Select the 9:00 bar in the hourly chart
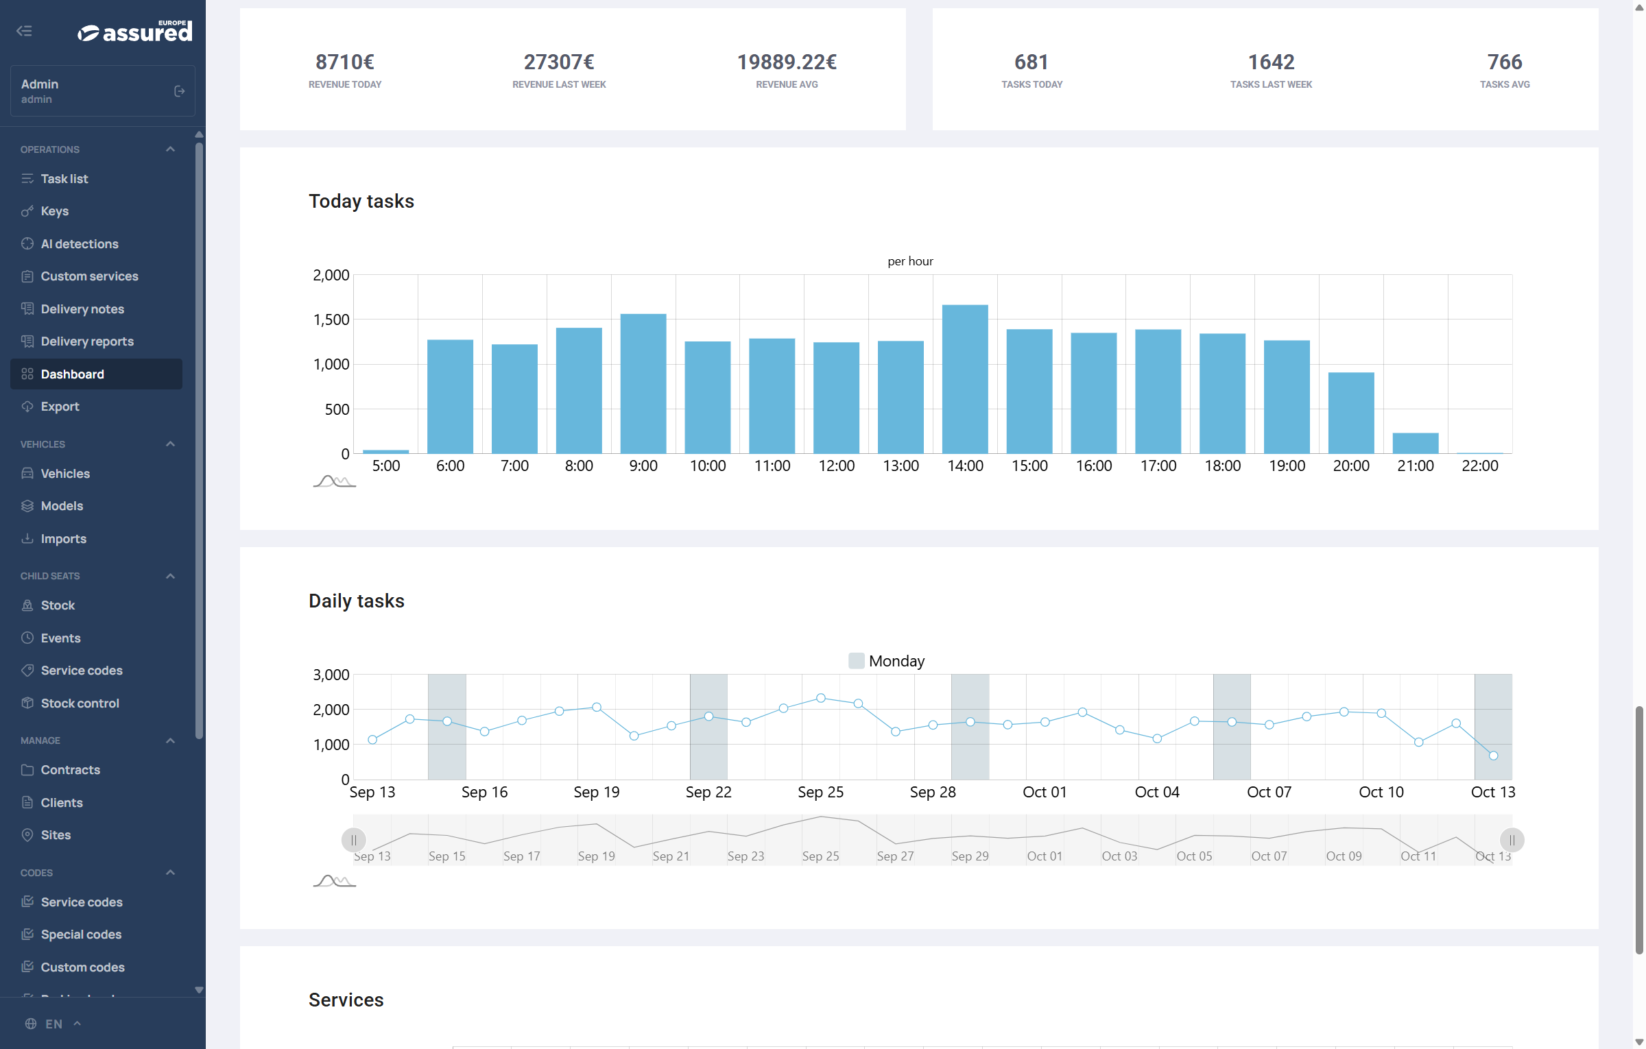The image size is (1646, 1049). pos(643,383)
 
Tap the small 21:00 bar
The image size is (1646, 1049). pos(1416,443)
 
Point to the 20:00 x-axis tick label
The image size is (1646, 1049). pos(1351,466)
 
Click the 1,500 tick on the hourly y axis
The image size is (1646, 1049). pos(331,319)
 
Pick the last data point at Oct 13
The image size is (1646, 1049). pos(1493,756)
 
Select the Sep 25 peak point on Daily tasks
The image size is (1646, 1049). pos(820,698)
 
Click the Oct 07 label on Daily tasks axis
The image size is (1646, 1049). pos(1269,793)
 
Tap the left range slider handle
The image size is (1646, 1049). pos(354,840)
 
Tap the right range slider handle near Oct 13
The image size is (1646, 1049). pos(1512,840)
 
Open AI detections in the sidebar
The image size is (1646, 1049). pos(80,244)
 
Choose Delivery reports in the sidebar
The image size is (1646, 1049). pos(87,341)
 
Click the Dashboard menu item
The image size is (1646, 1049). pos(73,374)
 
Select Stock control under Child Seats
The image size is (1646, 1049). pos(80,703)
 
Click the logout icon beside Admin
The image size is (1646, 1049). pos(180,91)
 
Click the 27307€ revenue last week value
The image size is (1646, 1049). pos(559,62)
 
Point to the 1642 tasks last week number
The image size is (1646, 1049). pos(1271,62)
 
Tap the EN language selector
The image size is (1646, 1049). pos(53,1024)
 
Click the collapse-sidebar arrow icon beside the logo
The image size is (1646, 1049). pos(25,31)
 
